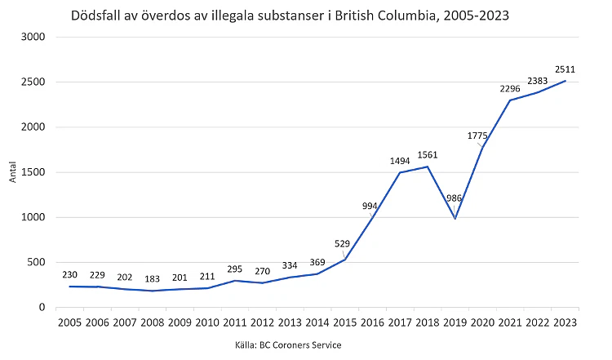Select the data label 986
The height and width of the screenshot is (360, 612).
pos(455,198)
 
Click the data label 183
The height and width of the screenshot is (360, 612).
pos(152,279)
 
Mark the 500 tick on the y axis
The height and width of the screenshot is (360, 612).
pos(38,262)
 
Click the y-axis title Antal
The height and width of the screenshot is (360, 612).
pos(13,172)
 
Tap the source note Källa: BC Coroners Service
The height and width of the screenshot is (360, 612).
pos(287,344)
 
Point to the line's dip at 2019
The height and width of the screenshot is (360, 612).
pos(455,218)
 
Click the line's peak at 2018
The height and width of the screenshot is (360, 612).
pos(427,167)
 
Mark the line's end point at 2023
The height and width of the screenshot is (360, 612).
pos(565,81)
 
